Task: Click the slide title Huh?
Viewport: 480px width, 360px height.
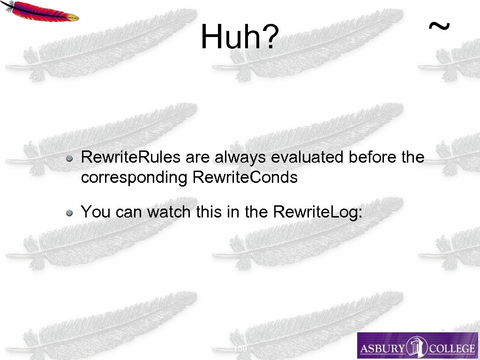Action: pyautogui.click(x=240, y=37)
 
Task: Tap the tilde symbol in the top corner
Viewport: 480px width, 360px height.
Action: pyautogui.click(x=439, y=27)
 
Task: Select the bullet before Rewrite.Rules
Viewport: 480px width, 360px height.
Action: pyautogui.click(x=69, y=158)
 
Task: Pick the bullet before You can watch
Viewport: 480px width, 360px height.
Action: pyautogui.click(x=69, y=213)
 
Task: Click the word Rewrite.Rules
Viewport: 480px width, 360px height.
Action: pyautogui.click(x=131, y=157)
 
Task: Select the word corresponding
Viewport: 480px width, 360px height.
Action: pyautogui.click(x=135, y=178)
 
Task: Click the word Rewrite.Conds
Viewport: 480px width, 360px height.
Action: pyautogui.click(x=245, y=178)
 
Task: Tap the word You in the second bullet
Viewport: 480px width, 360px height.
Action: pyautogui.click(x=96, y=212)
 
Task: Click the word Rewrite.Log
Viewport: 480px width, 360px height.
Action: pyautogui.click(x=317, y=212)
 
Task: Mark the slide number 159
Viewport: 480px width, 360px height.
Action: pyautogui.click(x=240, y=348)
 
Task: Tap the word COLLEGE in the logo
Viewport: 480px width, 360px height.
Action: pyautogui.click(x=449, y=348)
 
